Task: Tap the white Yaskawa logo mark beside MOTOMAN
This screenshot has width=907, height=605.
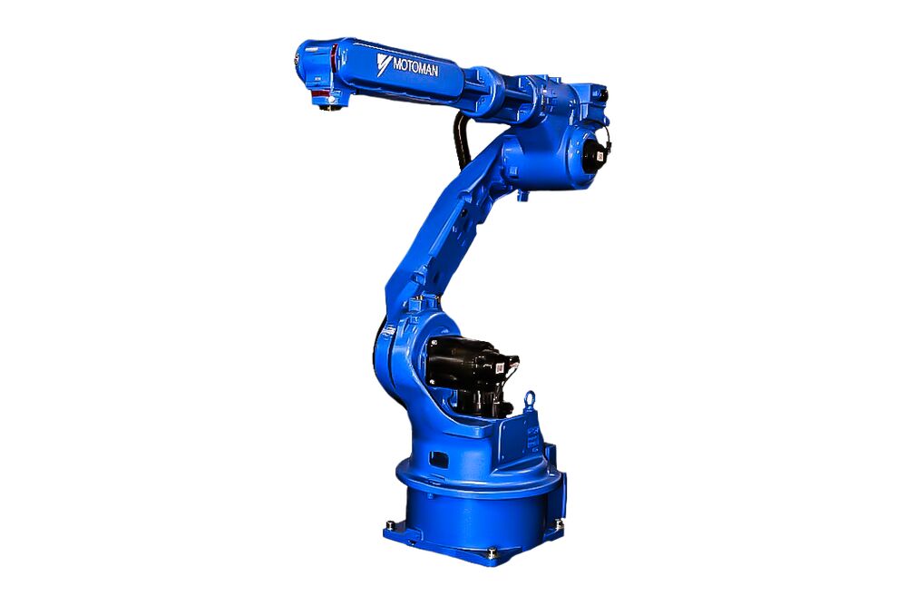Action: tap(383, 63)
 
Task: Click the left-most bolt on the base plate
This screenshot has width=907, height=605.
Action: tap(389, 523)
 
